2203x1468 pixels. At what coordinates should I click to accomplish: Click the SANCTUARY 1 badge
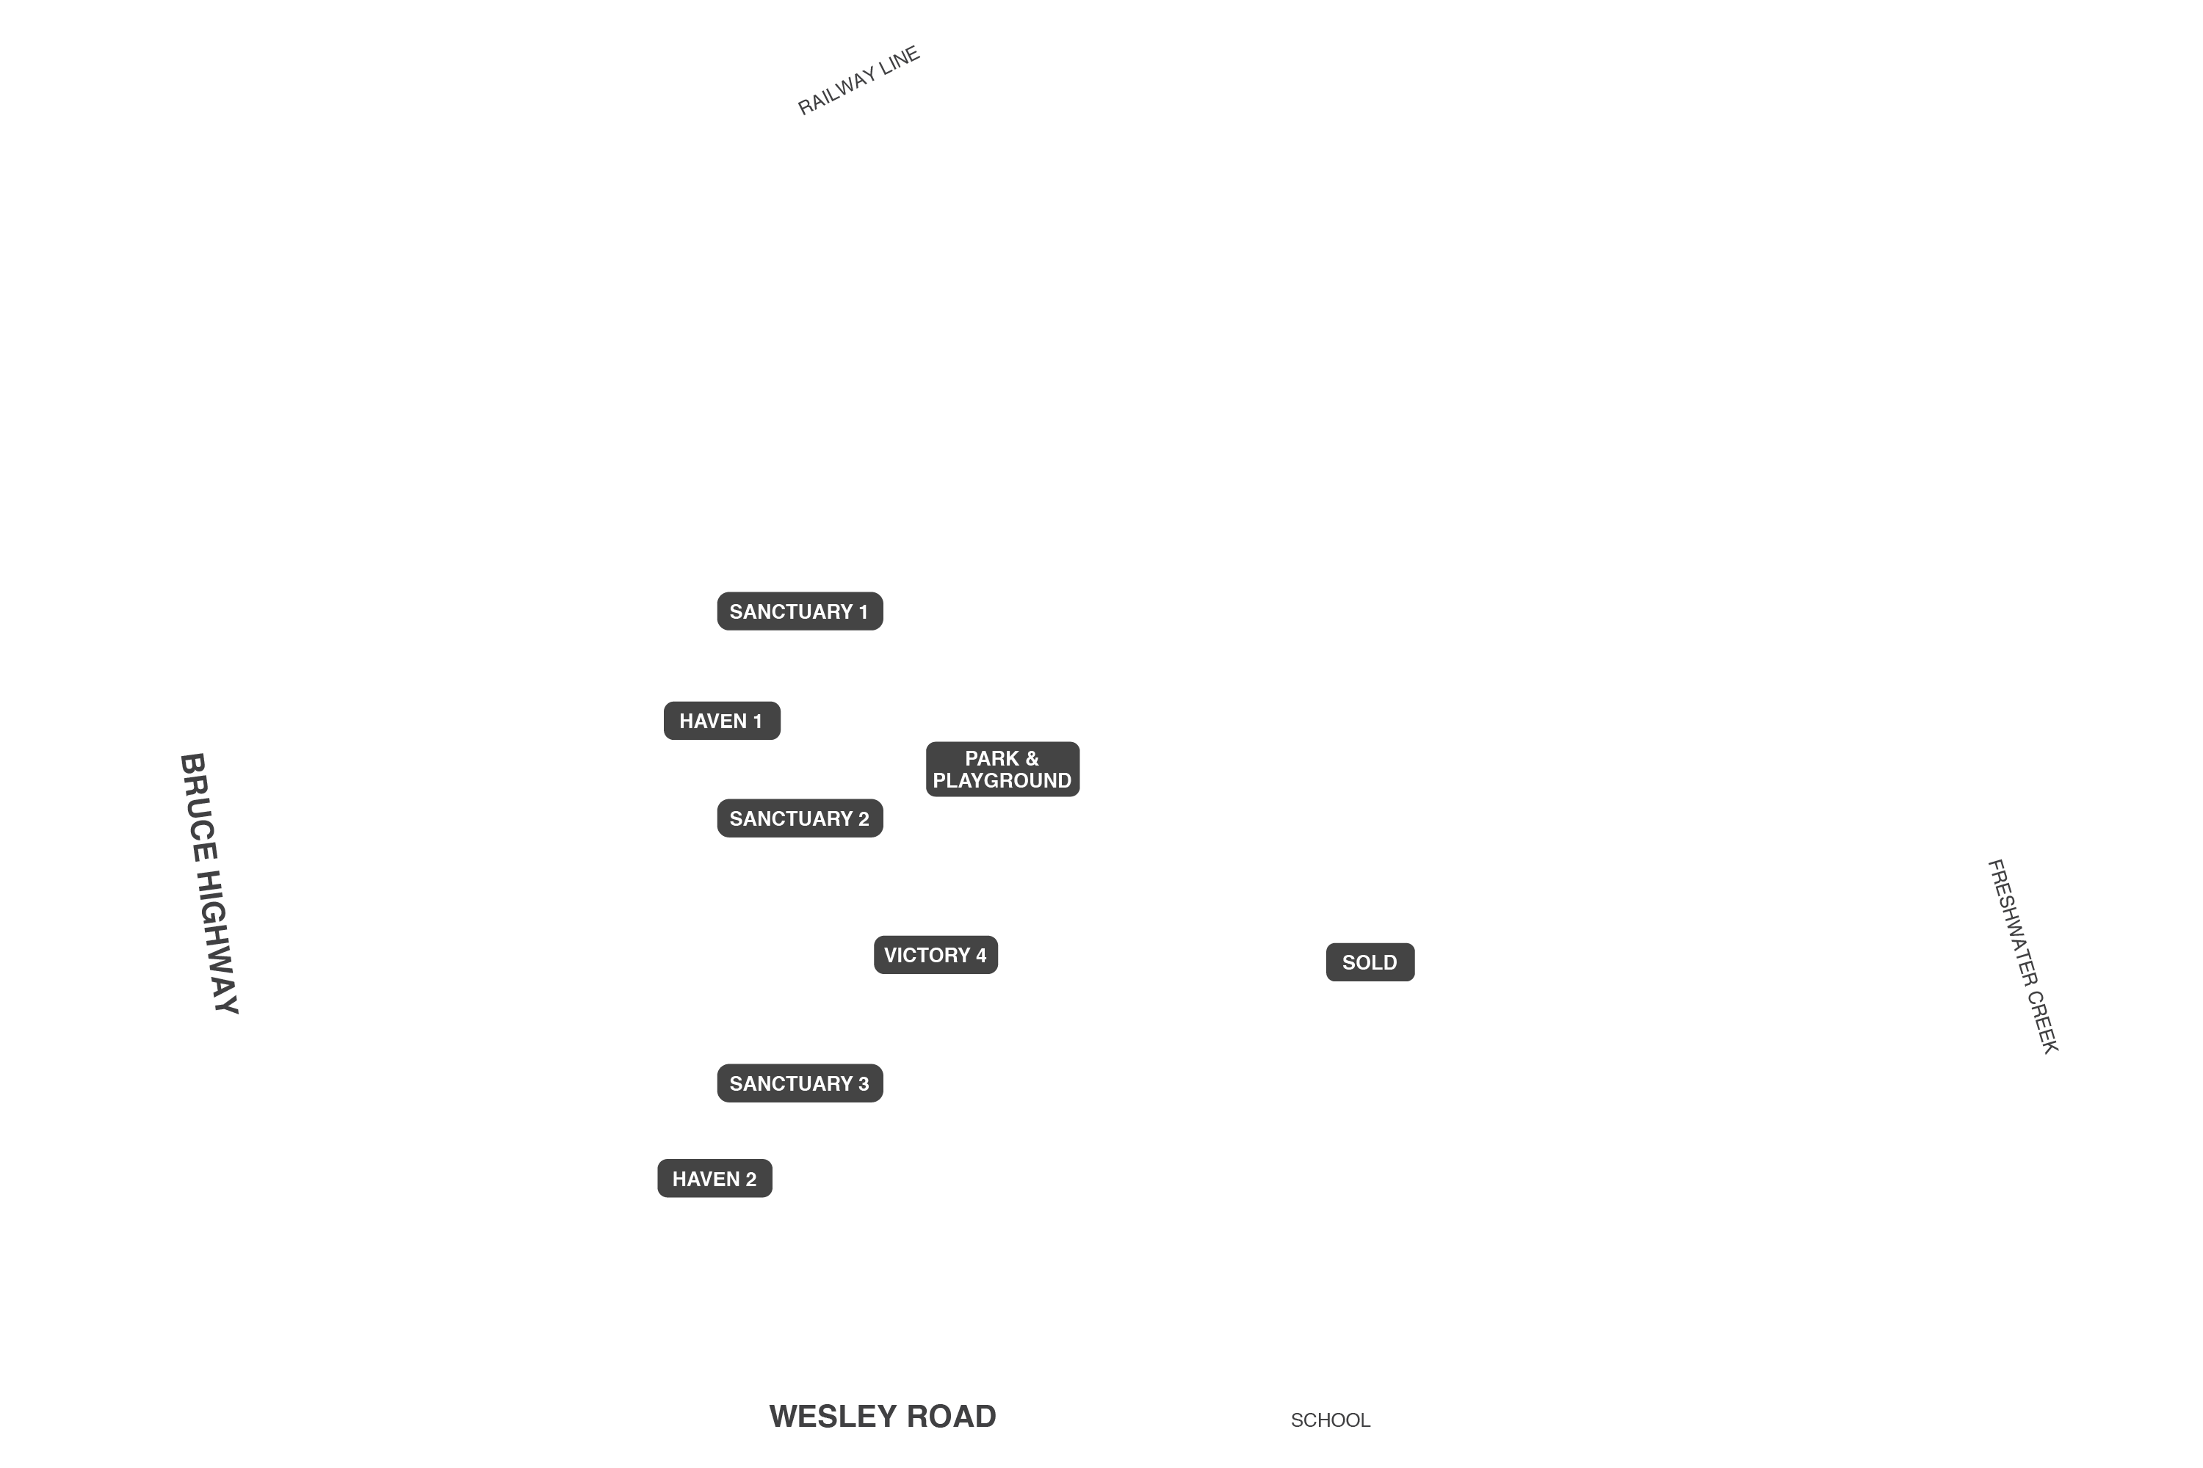click(x=800, y=611)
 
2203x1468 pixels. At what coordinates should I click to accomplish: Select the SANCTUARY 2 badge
click(x=800, y=818)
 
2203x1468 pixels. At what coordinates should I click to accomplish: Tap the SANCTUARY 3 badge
click(x=800, y=1083)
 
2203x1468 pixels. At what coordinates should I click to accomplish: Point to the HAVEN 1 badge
click(x=722, y=721)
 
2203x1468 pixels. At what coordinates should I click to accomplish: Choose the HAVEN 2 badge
click(x=715, y=1179)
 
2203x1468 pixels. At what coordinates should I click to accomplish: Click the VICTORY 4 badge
click(x=936, y=955)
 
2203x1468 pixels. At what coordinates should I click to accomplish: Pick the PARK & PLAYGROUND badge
click(x=1003, y=769)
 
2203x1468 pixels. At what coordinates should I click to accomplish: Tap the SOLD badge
click(x=1370, y=962)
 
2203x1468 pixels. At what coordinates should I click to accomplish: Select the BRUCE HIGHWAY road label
click(x=209, y=884)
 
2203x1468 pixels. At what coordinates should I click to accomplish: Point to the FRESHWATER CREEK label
click(x=2022, y=956)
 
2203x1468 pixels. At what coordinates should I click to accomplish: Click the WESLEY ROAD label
click(x=883, y=1417)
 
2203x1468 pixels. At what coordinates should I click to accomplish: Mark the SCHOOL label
click(x=1330, y=1420)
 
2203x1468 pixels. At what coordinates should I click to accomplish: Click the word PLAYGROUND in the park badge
click(x=1002, y=781)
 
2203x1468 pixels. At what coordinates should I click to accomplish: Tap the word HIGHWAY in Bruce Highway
click(x=217, y=942)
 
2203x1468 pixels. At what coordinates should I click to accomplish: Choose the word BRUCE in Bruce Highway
click(x=198, y=807)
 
